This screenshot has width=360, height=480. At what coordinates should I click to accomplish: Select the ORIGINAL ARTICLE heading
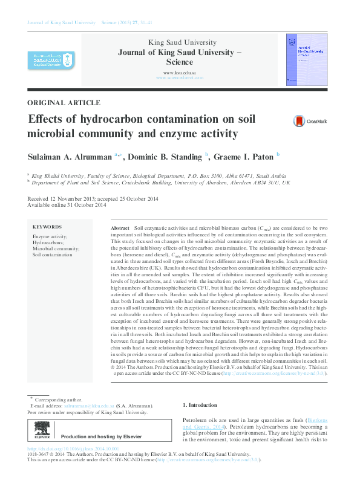click(64, 103)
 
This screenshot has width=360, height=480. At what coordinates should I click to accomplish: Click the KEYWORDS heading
click(48, 227)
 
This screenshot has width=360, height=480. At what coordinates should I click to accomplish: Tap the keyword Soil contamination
click(52, 255)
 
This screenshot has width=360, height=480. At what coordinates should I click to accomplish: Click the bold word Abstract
click(120, 227)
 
